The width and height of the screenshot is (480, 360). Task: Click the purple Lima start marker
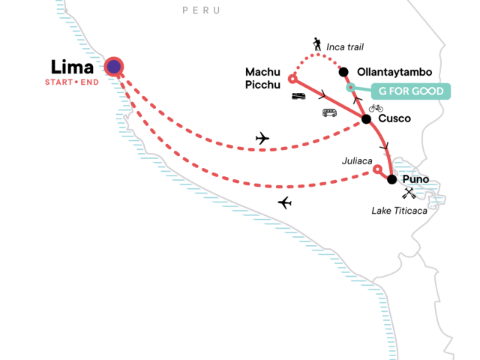pyautogui.click(x=114, y=67)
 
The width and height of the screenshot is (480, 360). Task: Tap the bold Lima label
pyautogui.click(x=73, y=66)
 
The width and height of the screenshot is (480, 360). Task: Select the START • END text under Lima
pyautogui.click(x=73, y=82)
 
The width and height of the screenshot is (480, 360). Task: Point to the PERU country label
pyautogui.click(x=202, y=10)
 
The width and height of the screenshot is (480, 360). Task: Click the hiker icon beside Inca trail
pyautogui.click(x=318, y=46)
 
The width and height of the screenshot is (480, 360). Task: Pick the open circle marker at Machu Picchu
pyautogui.click(x=292, y=77)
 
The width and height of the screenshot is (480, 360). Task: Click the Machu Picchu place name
pyautogui.click(x=263, y=78)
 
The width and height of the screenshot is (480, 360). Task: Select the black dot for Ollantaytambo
pyautogui.click(x=343, y=72)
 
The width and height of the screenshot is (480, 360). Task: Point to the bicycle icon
pyautogui.click(x=376, y=108)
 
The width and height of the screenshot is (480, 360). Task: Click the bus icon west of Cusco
pyautogui.click(x=329, y=112)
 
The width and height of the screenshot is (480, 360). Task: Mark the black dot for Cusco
pyautogui.click(x=366, y=119)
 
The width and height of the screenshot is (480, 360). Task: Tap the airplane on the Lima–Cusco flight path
pyautogui.click(x=262, y=138)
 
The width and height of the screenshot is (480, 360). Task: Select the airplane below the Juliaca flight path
pyautogui.click(x=284, y=202)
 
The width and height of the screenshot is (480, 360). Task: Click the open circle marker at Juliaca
pyautogui.click(x=377, y=170)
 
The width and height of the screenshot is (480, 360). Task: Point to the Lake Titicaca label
pyautogui.click(x=400, y=211)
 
